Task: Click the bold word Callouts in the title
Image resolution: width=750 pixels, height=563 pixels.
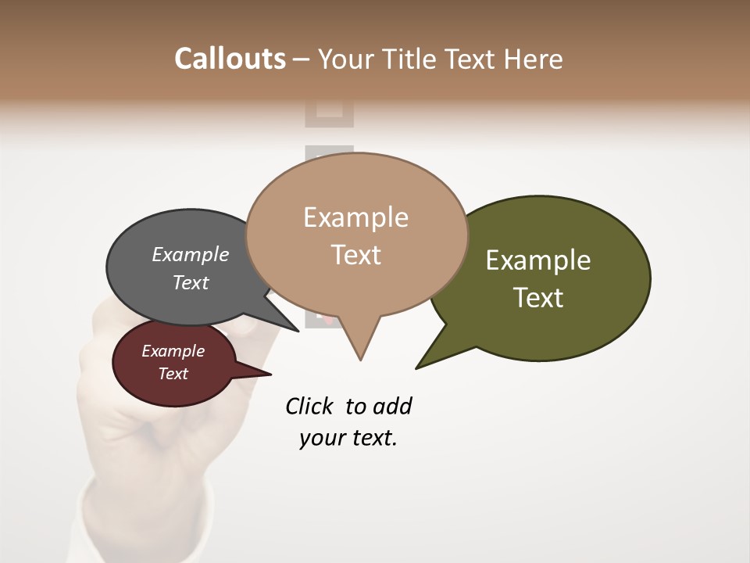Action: click(230, 59)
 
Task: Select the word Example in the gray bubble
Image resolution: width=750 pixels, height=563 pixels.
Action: click(191, 254)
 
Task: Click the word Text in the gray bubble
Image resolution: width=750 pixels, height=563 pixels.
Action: click(191, 282)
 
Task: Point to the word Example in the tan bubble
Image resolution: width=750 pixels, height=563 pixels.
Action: click(355, 217)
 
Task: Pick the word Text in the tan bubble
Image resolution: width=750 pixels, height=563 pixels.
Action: click(355, 255)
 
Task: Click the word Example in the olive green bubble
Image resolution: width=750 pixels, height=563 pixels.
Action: click(538, 260)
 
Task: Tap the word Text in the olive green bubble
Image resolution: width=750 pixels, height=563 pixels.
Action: click(538, 298)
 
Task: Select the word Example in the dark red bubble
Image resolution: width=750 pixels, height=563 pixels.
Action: click(173, 351)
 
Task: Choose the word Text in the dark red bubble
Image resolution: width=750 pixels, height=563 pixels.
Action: click(173, 374)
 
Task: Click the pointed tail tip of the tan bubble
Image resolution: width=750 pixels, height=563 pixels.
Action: click(360, 360)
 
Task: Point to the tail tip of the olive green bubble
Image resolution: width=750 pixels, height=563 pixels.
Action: click(416, 368)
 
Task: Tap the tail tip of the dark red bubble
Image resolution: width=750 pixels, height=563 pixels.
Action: click(270, 375)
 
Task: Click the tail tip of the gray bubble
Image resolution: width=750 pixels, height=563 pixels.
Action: click(298, 331)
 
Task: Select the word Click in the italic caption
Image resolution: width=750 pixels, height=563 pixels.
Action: click(309, 406)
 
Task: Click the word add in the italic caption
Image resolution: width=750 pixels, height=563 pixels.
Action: click(393, 406)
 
